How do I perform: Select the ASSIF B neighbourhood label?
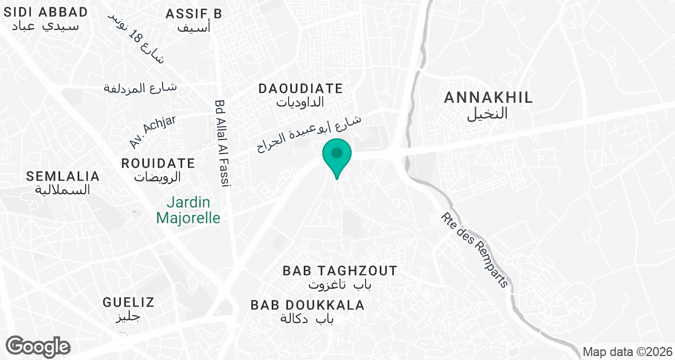[x=194, y=13]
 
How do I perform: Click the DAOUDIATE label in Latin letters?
[x=300, y=88]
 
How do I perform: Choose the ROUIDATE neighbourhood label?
[x=159, y=164]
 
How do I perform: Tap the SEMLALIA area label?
[x=63, y=176]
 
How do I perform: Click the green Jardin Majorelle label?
[x=188, y=210]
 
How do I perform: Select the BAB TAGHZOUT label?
[x=340, y=271]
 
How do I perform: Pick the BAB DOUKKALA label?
[x=308, y=305]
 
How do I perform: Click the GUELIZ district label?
[x=128, y=302]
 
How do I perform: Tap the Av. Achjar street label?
[x=145, y=132]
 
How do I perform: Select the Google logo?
[x=38, y=346]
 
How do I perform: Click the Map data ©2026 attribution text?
[x=627, y=352]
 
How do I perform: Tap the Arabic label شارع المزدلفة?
[x=141, y=88]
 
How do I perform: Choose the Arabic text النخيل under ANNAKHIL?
[x=488, y=114]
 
